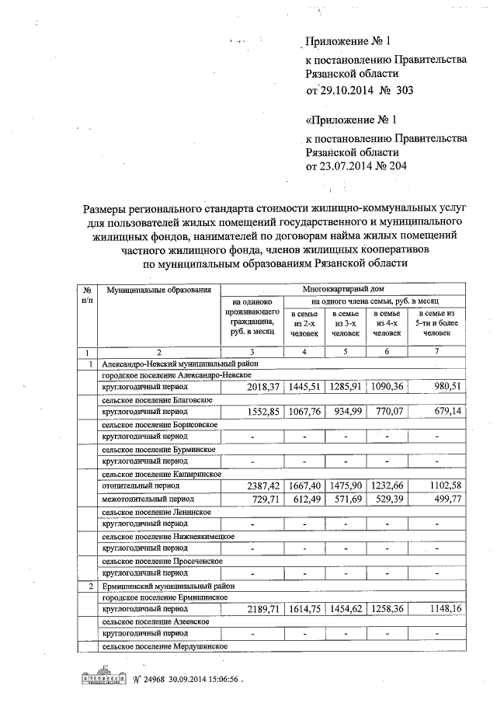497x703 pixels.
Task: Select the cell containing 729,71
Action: [x=252, y=498]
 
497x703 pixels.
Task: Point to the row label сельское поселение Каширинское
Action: [x=162, y=473]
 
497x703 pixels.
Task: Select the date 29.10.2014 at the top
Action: [x=351, y=90]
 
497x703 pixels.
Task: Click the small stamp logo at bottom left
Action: [x=99, y=676]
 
